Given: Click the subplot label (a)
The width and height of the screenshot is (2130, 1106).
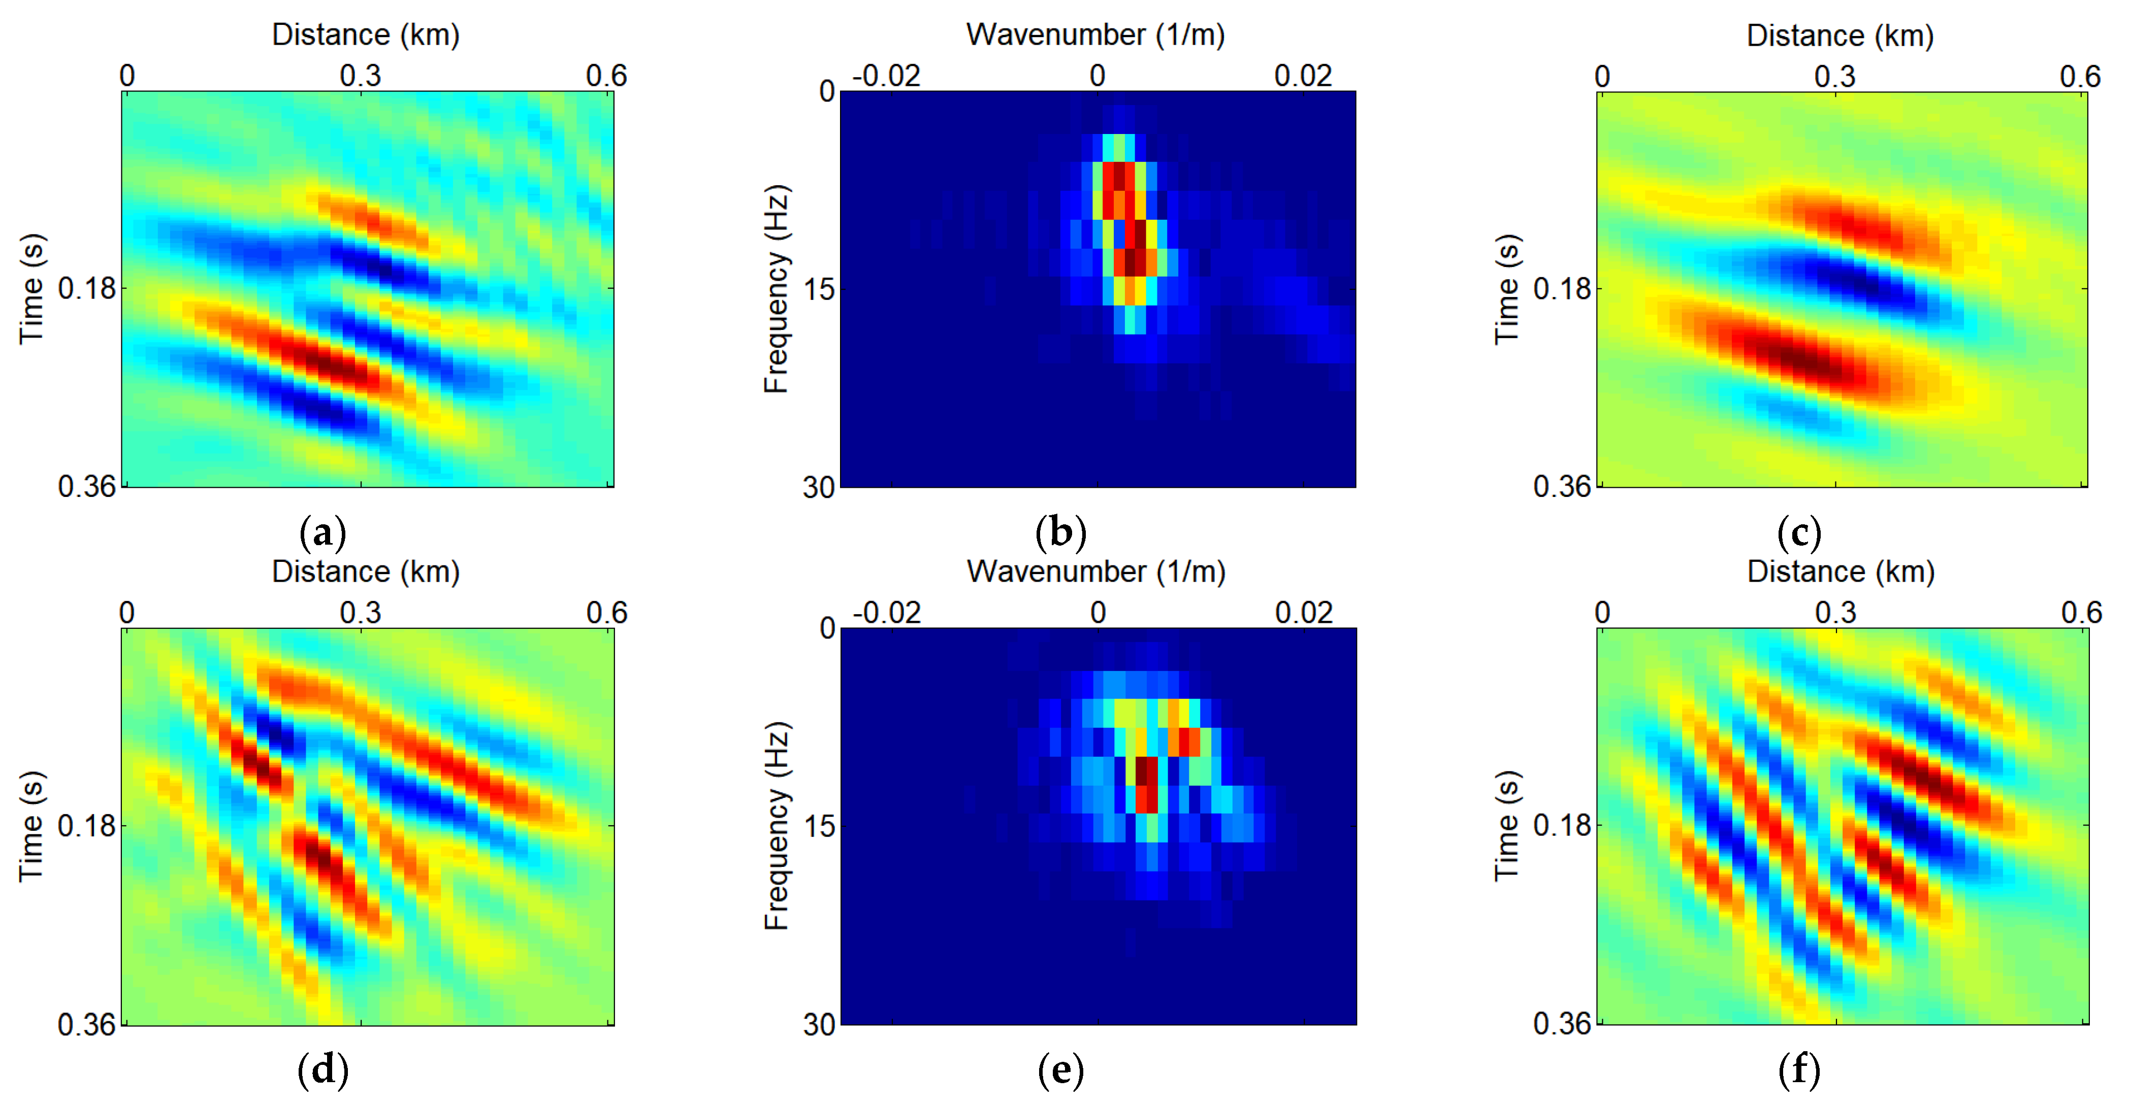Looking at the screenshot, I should pyautogui.click(x=322, y=533).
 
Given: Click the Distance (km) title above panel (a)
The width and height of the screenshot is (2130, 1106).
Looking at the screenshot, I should pyautogui.click(x=366, y=35).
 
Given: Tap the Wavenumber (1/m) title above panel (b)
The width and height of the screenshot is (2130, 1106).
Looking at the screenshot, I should pyautogui.click(x=1095, y=35).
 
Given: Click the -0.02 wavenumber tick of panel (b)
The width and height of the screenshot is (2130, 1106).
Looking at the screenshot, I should pyautogui.click(x=886, y=76).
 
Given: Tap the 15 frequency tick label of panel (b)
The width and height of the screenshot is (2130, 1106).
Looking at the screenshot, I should pyautogui.click(x=819, y=289).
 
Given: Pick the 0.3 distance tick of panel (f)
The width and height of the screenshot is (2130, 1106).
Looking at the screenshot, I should pyautogui.click(x=1835, y=613).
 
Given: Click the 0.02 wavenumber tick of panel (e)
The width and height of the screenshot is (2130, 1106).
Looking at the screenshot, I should pyautogui.click(x=1304, y=613).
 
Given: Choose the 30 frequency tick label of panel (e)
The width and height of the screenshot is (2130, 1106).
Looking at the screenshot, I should pyautogui.click(x=819, y=1025).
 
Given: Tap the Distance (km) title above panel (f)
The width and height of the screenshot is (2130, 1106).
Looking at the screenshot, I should pyautogui.click(x=1841, y=571).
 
